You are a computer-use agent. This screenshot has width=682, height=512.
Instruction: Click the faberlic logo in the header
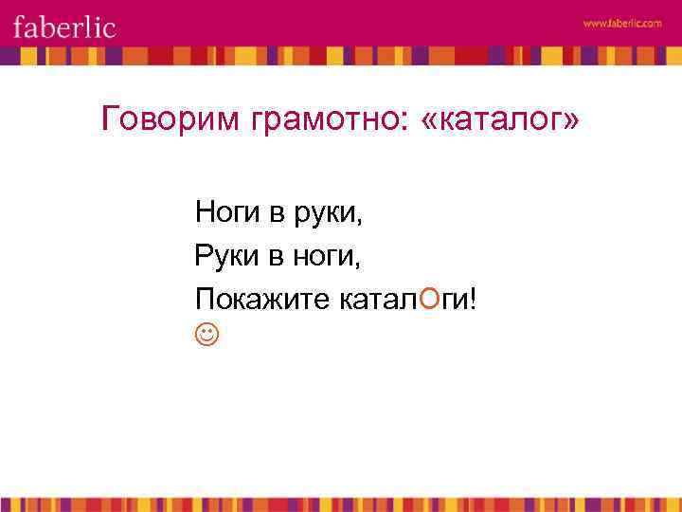click(64, 26)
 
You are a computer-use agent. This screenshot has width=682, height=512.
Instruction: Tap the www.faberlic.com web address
click(622, 23)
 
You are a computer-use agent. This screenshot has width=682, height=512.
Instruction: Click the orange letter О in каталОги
click(429, 300)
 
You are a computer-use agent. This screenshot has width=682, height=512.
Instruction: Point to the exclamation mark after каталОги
click(474, 300)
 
